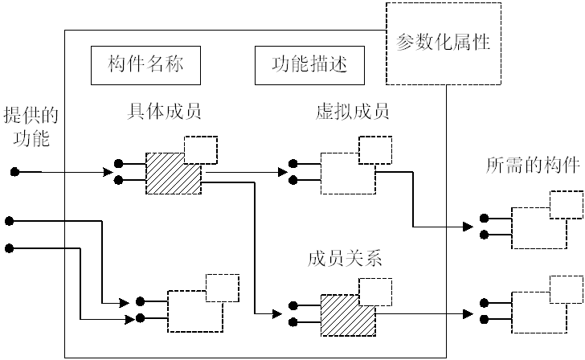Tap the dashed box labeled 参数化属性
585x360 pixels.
point(444,43)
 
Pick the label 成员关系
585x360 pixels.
point(344,259)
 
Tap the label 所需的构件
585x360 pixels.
point(533,166)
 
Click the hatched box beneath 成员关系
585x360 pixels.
point(347,317)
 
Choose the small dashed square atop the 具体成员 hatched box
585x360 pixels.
point(200,149)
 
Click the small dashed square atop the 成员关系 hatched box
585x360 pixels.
point(375,291)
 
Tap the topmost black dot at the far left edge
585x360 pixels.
point(14,172)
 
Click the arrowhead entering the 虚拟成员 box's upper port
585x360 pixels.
point(283,171)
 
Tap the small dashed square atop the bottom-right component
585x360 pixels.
point(567,288)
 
